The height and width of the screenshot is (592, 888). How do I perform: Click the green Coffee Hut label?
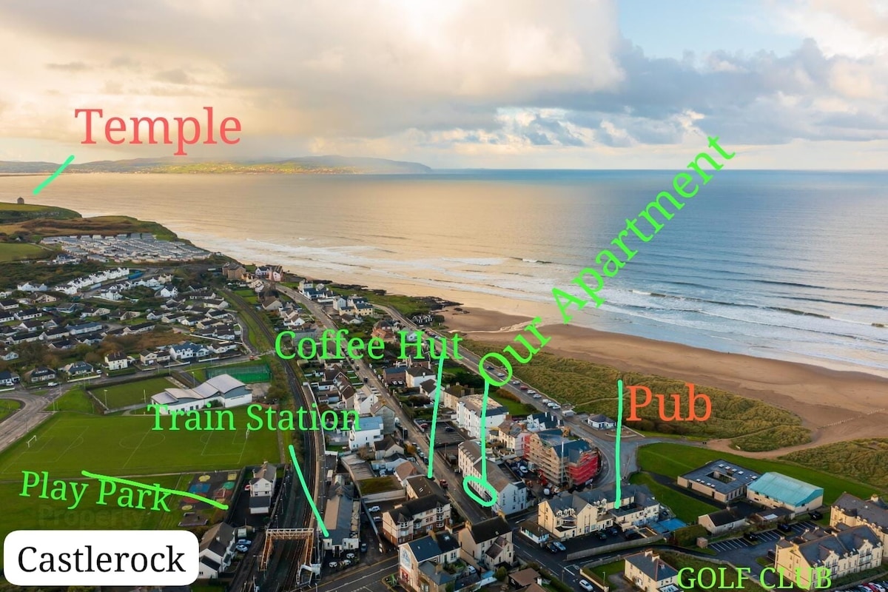tap(369, 346)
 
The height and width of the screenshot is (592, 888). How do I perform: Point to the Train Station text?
tap(255, 418)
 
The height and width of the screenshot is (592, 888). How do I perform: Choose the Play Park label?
tap(95, 491)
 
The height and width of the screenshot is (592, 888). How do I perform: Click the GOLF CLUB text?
tap(754, 579)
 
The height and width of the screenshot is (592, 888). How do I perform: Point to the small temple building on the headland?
tap(20, 201)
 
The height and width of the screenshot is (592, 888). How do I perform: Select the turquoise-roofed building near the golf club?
tap(784, 491)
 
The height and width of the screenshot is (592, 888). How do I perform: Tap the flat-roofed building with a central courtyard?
tap(718, 480)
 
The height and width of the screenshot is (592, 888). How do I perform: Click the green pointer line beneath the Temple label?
tap(53, 175)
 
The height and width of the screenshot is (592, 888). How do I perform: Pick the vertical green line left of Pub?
tap(619, 444)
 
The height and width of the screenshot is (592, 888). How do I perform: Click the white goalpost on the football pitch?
tap(32, 441)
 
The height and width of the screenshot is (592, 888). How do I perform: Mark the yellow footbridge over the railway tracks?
tap(286, 546)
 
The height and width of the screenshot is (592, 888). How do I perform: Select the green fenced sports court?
tap(238, 373)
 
